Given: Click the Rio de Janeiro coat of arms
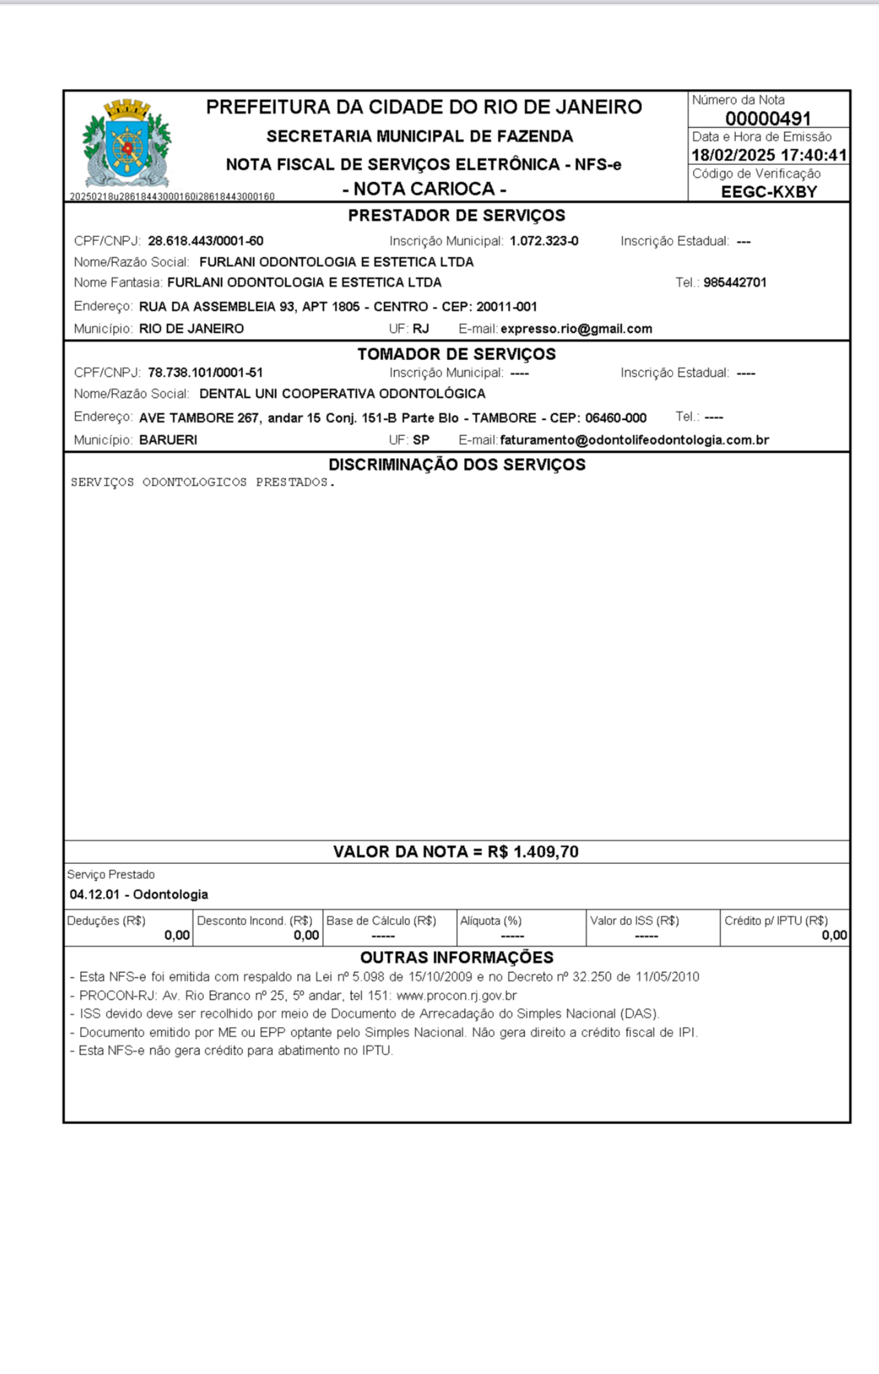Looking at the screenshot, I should [x=127, y=144].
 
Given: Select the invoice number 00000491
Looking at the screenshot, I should [x=768, y=118].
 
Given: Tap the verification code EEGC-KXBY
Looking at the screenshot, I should [x=769, y=192].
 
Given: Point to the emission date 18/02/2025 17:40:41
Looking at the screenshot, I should [x=769, y=155].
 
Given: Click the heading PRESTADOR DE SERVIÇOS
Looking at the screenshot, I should [x=457, y=216].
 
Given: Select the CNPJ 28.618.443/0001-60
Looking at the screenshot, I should [x=205, y=241].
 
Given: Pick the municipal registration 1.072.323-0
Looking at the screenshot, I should [x=544, y=241].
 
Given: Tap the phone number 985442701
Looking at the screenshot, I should [x=735, y=282].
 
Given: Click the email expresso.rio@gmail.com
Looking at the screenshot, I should [x=576, y=329].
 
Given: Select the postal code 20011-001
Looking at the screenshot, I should [x=507, y=307].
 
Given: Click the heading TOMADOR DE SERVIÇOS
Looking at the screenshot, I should [x=457, y=354].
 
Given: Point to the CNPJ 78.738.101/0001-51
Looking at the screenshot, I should [x=205, y=373].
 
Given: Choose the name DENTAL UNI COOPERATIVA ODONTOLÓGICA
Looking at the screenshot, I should [x=342, y=394].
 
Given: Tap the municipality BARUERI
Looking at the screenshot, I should [x=168, y=440].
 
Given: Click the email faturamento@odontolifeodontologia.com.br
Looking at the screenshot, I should [x=634, y=440].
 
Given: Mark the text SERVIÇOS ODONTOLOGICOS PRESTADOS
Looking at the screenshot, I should [x=203, y=483].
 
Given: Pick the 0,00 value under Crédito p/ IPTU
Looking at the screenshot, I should [x=834, y=935].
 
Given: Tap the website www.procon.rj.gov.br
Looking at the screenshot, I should [x=456, y=995].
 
